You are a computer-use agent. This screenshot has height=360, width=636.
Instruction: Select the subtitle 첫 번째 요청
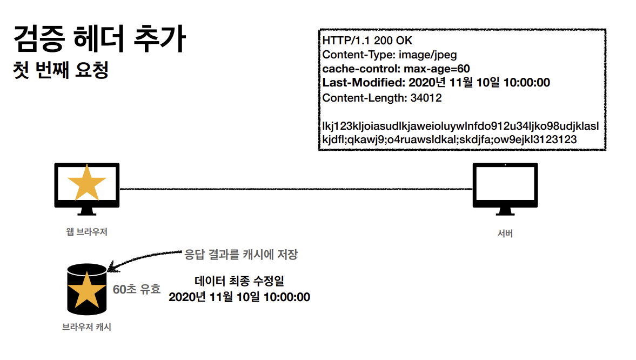coord(62,70)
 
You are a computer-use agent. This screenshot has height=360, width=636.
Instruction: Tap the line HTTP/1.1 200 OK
coord(367,41)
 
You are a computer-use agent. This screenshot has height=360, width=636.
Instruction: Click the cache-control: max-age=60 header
coord(396,69)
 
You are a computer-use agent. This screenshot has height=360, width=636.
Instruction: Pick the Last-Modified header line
coord(436,83)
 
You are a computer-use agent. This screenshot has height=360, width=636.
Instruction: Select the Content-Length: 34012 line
coord(382,98)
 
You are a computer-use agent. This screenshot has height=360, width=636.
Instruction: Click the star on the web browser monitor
coord(86,183)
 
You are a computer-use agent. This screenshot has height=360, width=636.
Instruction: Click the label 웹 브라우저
coord(86,232)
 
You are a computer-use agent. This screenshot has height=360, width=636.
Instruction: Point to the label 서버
coord(505,234)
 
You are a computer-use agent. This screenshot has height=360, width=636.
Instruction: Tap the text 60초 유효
coord(137,289)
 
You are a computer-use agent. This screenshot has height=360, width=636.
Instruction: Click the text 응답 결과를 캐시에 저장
coord(241,254)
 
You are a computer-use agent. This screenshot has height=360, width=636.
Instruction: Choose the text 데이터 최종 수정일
coord(239,281)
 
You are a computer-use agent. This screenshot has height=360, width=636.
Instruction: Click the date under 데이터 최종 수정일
coord(239,297)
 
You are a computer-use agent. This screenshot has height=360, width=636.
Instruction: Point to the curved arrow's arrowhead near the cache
coord(112,267)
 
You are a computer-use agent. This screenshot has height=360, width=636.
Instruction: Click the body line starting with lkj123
coord(460,126)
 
